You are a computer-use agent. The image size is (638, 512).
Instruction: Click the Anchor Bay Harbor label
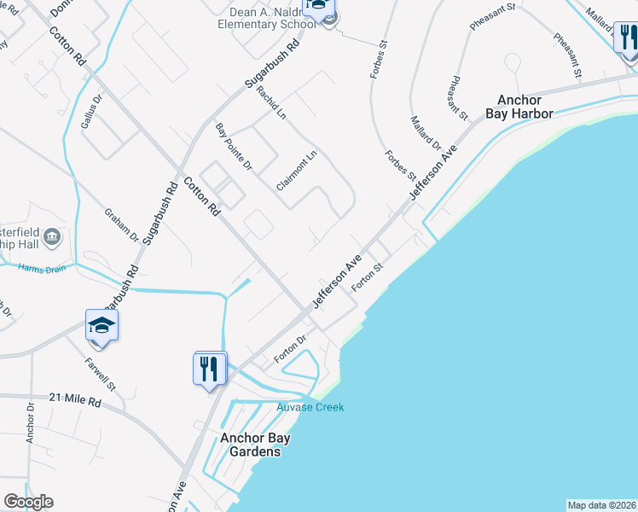(519, 106)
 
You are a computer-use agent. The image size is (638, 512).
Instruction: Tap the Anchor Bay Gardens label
(255, 445)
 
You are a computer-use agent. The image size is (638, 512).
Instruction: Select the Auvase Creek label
(310, 407)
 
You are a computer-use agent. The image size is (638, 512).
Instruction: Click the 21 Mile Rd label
(75, 400)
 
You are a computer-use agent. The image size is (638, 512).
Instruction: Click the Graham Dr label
(121, 224)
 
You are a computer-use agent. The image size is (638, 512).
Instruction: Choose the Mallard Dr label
(426, 134)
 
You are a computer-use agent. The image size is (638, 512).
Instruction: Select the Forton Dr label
(290, 350)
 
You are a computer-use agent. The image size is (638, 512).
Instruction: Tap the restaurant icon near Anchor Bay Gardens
(210, 369)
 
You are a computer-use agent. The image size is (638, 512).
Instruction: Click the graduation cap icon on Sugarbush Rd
(101, 326)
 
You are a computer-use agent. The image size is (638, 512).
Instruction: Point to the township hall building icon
(51, 236)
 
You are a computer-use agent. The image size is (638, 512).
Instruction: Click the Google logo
(28, 502)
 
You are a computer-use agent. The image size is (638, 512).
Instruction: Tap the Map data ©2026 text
(601, 504)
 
